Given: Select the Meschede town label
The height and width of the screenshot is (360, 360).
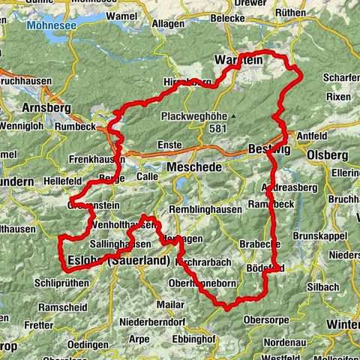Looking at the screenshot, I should pos(194,167).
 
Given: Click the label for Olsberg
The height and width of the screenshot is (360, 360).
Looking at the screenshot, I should pos(326,154).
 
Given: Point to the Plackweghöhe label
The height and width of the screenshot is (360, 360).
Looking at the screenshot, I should pos(194,116).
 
